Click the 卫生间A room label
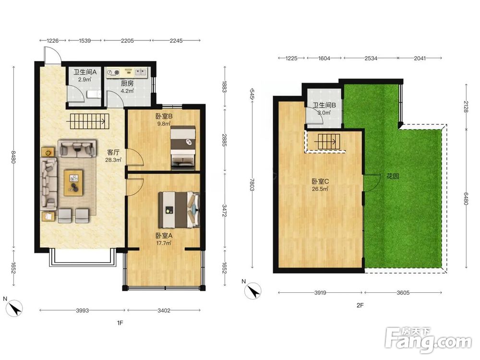[85, 72]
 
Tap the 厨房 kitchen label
[127, 83]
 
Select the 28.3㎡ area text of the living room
[113, 160]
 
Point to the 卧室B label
[164, 116]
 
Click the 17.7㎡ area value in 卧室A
[164, 243]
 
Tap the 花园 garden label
[393, 176]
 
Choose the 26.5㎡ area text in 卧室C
[320, 189]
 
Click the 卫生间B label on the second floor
[324, 105]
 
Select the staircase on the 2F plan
[329, 142]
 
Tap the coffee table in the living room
[73, 183]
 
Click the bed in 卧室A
[179, 210]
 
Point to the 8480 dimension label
[13, 156]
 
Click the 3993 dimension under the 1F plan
[83, 311]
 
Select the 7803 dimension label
[252, 185]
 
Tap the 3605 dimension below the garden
[403, 293]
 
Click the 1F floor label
[120, 323]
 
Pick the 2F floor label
[360, 305]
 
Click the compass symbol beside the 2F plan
[253, 291]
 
